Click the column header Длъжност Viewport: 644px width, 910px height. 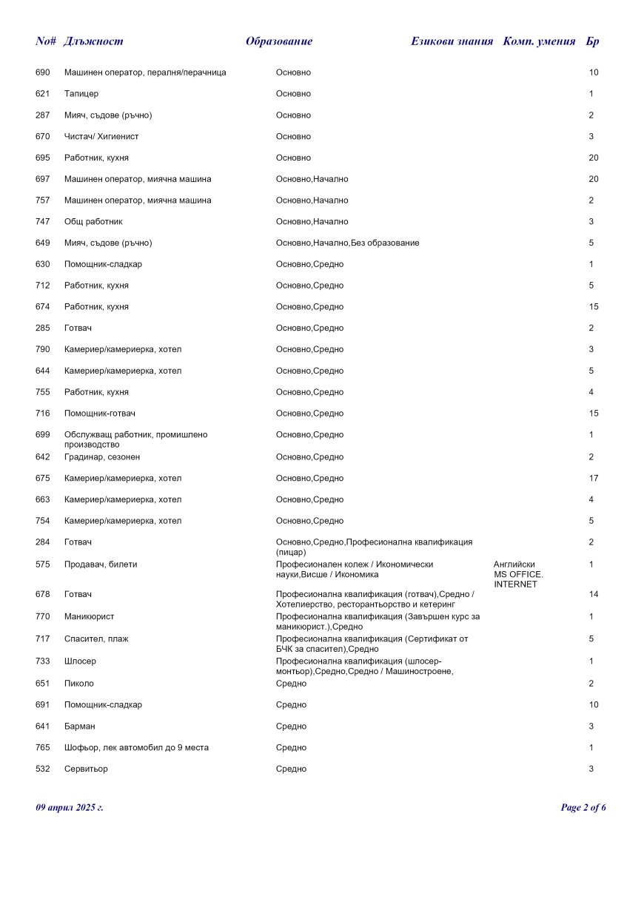click(x=93, y=41)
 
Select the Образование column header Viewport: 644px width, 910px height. click(x=279, y=41)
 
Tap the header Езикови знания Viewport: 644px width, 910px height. click(x=452, y=41)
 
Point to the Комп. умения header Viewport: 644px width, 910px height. click(x=539, y=41)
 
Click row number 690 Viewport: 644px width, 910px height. click(x=42, y=73)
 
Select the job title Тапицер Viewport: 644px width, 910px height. click(x=81, y=94)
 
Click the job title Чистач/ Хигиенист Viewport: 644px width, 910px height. click(x=101, y=137)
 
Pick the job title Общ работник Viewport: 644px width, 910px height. click(x=93, y=222)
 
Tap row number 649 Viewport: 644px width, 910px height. click(x=42, y=243)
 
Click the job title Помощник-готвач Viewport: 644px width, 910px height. click(x=99, y=414)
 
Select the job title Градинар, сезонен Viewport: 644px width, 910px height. click(x=102, y=457)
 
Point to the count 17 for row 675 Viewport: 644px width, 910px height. click(x=594, y=479)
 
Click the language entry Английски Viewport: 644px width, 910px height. click(x=514, y=564)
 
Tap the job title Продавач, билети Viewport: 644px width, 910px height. click(x=101, y=564)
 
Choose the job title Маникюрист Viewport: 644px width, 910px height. click(x=89, y=616)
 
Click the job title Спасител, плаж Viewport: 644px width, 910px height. click(x=96, y=638)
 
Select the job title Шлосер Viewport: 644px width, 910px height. click(x=80, y=661)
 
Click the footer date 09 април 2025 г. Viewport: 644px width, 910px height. click(x=70, y=807)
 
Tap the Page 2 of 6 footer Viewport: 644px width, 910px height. click(x=583, y=807)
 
